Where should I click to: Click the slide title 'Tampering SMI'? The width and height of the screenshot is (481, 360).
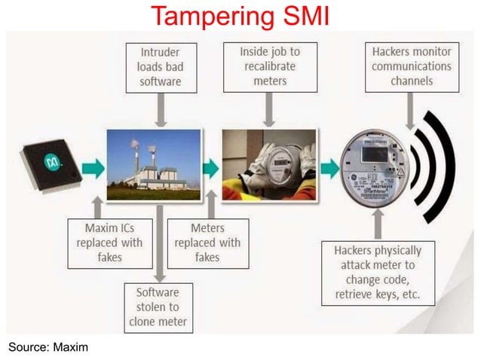point(240,15)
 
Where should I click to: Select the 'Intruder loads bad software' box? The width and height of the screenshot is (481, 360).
point(160,66)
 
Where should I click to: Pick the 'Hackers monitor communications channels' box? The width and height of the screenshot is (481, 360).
point(411,66)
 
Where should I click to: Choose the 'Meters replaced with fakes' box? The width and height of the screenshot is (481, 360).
point(207,243)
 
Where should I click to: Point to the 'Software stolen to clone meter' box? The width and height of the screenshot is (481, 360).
point(158,307)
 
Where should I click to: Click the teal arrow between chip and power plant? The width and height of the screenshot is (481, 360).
point(90,167)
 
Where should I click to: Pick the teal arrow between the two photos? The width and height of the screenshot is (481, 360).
point(210,167)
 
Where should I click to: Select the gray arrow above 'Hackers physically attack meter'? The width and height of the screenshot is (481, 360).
point(376,221)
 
